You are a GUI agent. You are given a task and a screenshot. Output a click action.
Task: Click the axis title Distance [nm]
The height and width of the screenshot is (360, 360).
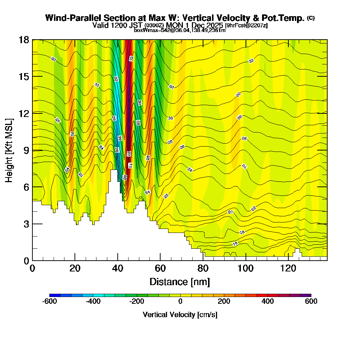click(x=180, y=282)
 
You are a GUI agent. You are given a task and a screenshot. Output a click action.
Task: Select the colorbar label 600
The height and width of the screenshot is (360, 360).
click(x=311, y=301)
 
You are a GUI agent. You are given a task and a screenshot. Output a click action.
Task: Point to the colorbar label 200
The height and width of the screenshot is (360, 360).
click(x=224, y=301)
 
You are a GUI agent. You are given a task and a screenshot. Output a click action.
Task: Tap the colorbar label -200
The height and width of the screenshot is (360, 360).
click(x=137, y=301)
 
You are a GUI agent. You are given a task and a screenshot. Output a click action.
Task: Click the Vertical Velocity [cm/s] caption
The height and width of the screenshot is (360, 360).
click(x=180, y=315)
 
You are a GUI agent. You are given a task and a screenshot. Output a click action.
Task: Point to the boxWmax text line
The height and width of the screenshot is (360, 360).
click(x=180, y=30)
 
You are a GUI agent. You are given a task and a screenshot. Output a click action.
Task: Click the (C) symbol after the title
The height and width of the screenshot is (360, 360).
click(x=311, y=18)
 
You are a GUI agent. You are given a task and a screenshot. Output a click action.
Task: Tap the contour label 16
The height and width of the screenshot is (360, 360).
click(x=235, y=244)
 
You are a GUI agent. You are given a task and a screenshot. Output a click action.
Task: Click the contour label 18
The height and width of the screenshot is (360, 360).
click(x=242, y=232)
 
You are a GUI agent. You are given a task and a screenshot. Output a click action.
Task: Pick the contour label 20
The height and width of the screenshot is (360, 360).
click(x=230, y=212)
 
